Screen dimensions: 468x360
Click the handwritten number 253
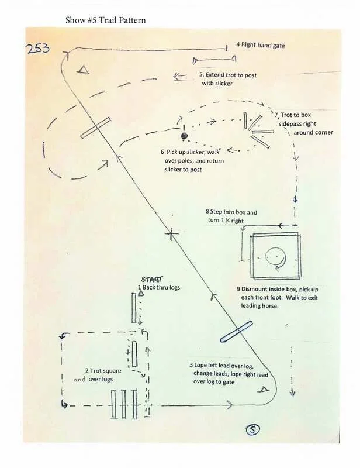click(x=39, y=49)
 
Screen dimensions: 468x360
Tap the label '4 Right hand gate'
click(x=260, y=45)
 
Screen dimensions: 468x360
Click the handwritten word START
click(x=153, y=280)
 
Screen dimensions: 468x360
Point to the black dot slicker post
click(x=184, y=136)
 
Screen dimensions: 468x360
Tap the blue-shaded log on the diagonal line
click(x=236, y=331)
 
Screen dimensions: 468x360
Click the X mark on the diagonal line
click(x=171, y=234)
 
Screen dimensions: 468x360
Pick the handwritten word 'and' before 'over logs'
click(x=80, y=380)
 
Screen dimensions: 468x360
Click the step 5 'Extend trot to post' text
click(x=228, y=80)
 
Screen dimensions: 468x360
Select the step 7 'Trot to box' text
click(x=304, y=124)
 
